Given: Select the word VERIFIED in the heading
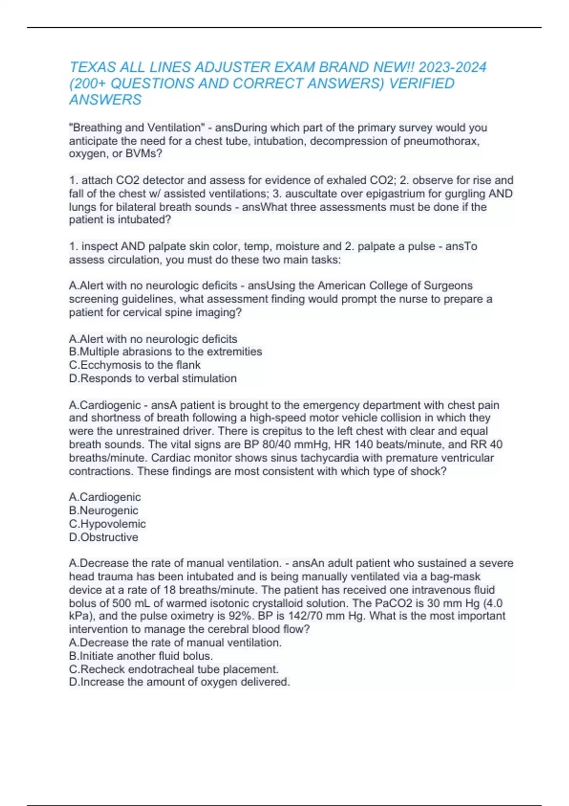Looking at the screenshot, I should [x=422, y=83].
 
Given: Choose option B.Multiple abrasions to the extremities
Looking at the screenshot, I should [x=165, y=352].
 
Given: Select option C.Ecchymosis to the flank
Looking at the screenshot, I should [x=135, y=365].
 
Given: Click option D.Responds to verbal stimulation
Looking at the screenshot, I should [x=153, y=378].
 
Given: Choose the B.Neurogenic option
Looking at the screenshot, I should [x=103, y=511].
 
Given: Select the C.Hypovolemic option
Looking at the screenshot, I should [x=107, y=524].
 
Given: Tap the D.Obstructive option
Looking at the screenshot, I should [x=103, y=537].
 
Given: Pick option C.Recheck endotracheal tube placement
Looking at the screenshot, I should [x=174, y=669].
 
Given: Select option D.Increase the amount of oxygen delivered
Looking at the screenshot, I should [x=179, y=682].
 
